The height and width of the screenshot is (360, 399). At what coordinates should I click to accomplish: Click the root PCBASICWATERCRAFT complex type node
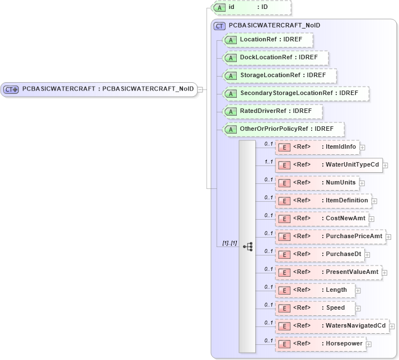(x=100, y=89)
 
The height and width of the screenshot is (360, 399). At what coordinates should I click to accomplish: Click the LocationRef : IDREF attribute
(x=267, y=40)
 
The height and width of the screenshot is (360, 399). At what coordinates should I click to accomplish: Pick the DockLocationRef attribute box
(x=275, y=58)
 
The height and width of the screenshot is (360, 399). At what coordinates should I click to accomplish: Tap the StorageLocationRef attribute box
(x=279, y=75)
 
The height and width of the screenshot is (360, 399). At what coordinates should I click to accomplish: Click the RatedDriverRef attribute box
(x=273, y=111)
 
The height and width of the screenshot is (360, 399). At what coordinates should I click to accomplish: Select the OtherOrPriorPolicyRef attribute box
(x=283, y=129)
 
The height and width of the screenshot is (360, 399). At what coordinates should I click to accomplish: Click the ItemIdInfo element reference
(x=317, y=147)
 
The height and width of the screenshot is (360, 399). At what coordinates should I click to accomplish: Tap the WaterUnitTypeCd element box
(x=328, y=165)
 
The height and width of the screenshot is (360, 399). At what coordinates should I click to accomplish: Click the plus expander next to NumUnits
(x=362, y=183)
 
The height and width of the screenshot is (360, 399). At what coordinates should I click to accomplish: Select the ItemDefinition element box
(x=323, y=201)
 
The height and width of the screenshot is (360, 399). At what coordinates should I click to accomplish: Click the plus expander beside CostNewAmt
(x=372, y=219)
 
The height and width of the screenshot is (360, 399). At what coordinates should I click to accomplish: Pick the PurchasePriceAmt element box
(x=330, y=236)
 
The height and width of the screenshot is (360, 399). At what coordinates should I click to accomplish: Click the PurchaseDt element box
(x=320, y=254)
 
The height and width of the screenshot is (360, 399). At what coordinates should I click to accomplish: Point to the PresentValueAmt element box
(x=328, y=272)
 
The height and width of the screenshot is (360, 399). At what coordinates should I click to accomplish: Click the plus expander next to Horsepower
(x=369, y=344)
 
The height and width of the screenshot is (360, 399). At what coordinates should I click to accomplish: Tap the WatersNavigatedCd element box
(x=332, y=326)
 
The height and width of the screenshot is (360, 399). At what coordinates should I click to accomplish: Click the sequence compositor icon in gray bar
(x=247, y=246)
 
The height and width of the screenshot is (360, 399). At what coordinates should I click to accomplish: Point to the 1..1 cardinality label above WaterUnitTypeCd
(x=268, y=162)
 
